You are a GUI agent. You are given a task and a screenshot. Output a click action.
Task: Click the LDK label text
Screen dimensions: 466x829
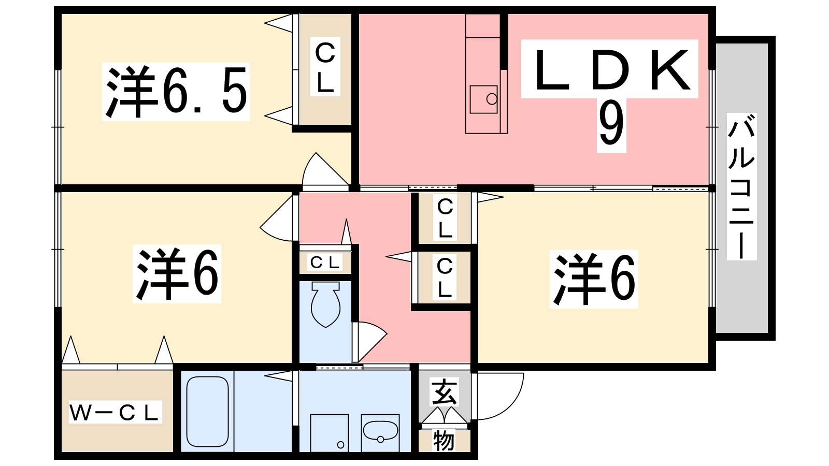(x=611, y=70)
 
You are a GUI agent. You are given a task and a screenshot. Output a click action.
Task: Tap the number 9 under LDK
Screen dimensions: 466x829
(x=611, y=124)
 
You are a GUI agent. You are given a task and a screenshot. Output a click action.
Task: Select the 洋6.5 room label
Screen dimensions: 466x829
(x=176, y=92)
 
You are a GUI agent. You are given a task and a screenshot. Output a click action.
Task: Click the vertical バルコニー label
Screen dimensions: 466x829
(x=741, y=186)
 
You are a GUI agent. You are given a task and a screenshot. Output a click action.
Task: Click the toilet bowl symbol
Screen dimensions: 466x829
(x=325, y=305)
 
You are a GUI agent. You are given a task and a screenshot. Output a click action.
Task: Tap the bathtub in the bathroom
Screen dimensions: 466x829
(x=207, y=412)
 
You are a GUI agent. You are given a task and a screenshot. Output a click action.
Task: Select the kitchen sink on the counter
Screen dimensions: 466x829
(x=484, y=99)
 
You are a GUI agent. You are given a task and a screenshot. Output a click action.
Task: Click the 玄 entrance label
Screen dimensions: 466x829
(x=445, y=392)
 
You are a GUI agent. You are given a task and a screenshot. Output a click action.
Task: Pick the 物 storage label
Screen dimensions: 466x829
(x=444, y=441)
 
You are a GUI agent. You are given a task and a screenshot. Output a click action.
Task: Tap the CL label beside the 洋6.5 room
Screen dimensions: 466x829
(x=325, y=67)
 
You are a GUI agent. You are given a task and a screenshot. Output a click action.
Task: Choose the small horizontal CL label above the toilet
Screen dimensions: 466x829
(x=325, y=263)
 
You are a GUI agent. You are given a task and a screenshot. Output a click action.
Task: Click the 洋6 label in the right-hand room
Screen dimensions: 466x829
(x=594, y=279)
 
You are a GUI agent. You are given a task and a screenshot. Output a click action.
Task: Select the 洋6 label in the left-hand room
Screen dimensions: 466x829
(x=177, y=274)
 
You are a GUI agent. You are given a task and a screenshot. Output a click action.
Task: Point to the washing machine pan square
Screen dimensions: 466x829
(x=329, y=433)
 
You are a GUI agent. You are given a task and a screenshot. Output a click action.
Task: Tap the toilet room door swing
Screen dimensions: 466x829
(x=369, y=339)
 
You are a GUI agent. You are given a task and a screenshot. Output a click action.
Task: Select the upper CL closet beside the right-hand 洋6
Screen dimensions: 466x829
(x=445, y=217)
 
